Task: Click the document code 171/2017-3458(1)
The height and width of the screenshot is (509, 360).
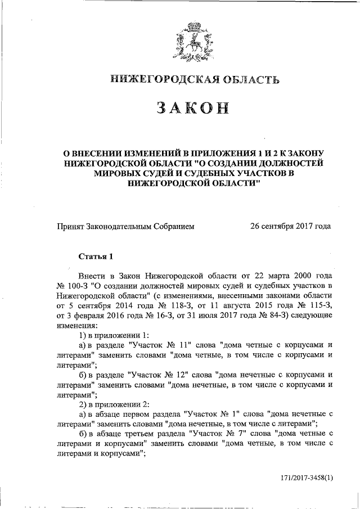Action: click(307, 478)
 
